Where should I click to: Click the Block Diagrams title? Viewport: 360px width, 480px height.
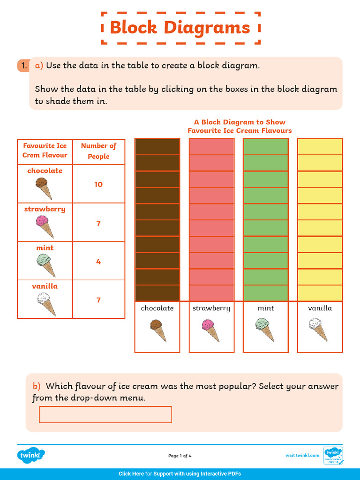[180, 28]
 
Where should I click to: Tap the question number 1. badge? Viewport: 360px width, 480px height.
[23, 66]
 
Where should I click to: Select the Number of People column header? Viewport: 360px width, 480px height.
[98, 151]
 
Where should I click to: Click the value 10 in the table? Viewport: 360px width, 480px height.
[98, 184]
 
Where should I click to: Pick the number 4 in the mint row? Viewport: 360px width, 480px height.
[98, 262]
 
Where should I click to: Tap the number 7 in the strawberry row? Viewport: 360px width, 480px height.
[98, 223]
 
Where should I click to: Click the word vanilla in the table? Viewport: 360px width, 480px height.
[45, 286]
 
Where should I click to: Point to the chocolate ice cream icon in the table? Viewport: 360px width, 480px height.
[44, 188]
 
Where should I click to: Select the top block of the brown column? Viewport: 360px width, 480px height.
[157, 147]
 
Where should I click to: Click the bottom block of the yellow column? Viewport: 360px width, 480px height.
[320, 293]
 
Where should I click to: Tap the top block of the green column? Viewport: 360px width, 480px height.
[266, 147]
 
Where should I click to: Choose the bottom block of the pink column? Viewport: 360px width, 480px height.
[211, 293]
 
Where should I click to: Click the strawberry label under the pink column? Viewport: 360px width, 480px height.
[211, 308]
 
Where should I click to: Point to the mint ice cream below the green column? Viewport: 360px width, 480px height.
[265, 330]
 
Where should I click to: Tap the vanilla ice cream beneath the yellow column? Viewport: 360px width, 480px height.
[320, 330]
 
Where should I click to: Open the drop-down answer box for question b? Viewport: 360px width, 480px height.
[105, 414]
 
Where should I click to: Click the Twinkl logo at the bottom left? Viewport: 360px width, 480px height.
[31, 455]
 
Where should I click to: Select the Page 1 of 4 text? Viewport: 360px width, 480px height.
[180, 456]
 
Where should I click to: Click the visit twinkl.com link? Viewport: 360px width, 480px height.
[302, 455]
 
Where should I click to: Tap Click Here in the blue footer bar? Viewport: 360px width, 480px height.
[131, 474]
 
